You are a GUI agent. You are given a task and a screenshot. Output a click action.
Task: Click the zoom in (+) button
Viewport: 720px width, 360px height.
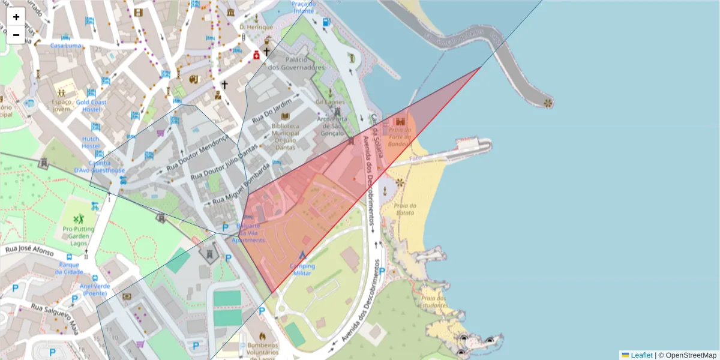coord(16,17)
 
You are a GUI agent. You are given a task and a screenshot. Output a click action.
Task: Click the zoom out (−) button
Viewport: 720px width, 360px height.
coord(16,35)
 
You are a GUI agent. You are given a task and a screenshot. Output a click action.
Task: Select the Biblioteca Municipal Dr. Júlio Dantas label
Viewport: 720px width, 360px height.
coord(285,133)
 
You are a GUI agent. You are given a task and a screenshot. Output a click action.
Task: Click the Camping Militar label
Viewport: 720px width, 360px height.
coord(302,269)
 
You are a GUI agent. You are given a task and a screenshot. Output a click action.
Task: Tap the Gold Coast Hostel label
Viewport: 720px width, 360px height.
coord(91,106)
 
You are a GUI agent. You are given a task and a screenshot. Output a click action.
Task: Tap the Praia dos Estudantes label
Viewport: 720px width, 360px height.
coord(434,301)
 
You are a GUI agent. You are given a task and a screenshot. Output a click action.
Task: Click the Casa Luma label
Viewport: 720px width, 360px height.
coord(65,45)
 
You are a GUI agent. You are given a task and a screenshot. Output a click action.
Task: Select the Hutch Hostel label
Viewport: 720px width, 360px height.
coord(91,142)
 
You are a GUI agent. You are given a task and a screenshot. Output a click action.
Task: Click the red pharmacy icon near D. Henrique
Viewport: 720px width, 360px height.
coord(256,55)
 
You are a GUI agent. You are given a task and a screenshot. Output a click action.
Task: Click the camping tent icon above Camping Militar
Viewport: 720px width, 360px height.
coord(302,255)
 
